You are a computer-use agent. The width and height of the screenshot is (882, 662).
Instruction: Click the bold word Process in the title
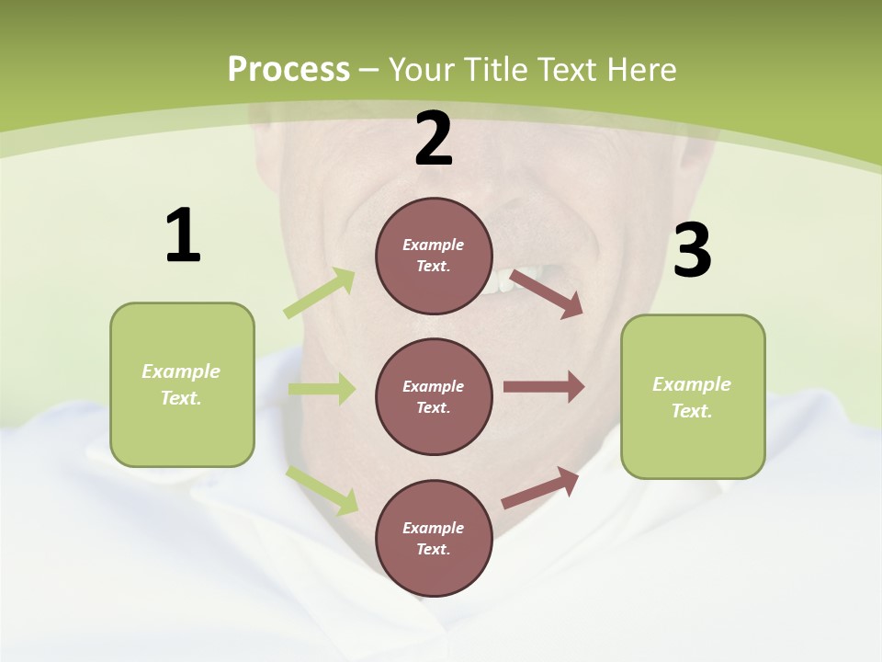tap(288, 70)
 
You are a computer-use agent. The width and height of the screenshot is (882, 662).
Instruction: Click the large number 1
tap(183, 235)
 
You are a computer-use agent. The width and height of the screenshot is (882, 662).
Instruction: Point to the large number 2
tap(434, 139)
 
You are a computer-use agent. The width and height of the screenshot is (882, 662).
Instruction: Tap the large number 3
tap(692, 251)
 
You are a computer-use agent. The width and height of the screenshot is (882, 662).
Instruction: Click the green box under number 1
tap(182, 384)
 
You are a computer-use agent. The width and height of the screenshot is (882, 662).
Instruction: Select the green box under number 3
tap(693, 396)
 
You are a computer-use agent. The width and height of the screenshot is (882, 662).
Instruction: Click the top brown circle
tap(434, 256)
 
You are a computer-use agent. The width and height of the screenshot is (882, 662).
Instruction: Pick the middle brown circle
tap(434, 396)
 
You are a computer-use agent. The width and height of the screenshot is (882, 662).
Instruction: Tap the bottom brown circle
tap(434, 538)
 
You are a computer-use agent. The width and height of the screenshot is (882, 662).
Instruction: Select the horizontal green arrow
tap(322, 389)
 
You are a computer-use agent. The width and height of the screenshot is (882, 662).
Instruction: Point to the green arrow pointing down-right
tap(322, 490)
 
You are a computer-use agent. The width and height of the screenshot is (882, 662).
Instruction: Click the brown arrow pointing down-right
tap(547, 293)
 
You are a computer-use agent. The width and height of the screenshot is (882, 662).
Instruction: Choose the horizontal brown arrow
tap(544, 387)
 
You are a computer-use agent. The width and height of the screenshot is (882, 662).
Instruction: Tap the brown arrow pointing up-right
tap(541, 488)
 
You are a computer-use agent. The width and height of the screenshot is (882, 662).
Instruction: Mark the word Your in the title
tap(421, 70)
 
